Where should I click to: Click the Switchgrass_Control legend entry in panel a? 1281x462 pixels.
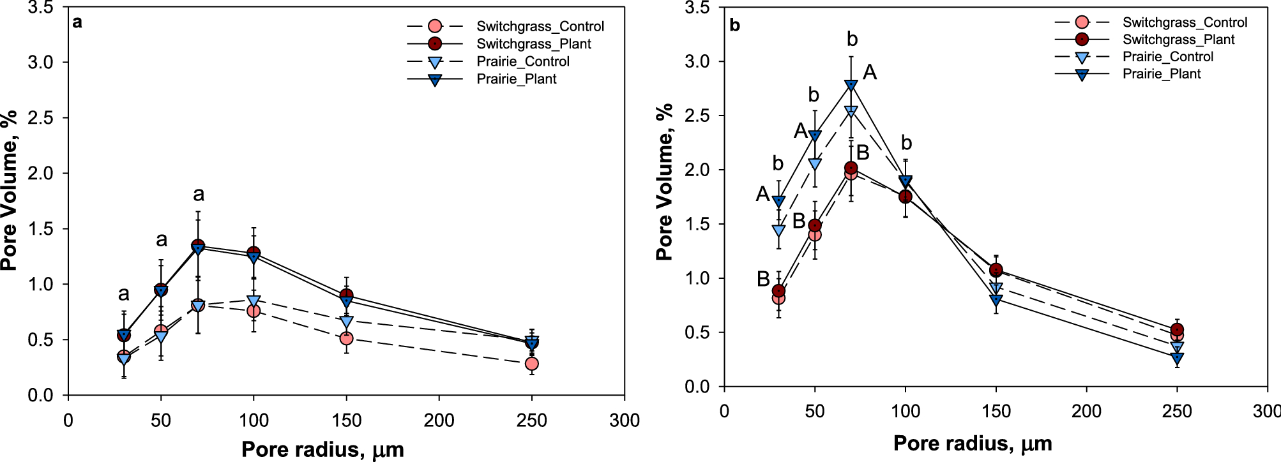click(x=540, y=26)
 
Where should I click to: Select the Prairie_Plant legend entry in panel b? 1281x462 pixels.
click(x=1161, y=74)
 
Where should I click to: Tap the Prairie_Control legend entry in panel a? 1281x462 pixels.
click(x=522, y=61)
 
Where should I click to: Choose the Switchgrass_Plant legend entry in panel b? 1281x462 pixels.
click(x=1178, y=40)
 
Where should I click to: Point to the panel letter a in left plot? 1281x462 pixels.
click(x=77, y=22)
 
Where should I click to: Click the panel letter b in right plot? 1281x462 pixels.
click(x=734, y=26)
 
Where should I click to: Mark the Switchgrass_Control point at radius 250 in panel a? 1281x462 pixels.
click(x=531, y=364)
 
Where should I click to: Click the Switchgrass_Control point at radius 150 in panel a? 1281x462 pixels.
click(x=346, y=338)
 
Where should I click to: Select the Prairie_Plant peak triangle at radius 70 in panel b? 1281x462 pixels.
click(x=851, y=85)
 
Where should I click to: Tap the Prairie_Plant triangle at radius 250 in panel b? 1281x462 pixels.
click(x=1177, y=358)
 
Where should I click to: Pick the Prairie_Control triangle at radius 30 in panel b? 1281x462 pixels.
click(x=778, y=230)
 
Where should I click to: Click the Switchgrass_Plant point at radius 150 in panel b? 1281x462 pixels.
click(x=996, y=270)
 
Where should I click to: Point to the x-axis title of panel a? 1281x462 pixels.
click(x=322, y=449)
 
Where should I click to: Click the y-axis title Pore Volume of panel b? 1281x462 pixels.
click(x=665, y=182)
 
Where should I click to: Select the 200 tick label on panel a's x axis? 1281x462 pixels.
click(x=439, y=421)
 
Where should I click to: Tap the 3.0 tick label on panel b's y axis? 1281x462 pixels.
click(x=697, y=62)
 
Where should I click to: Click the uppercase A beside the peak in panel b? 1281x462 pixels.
click(x=870, y=73)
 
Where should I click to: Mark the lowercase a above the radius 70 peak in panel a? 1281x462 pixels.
click(x=199, y=195)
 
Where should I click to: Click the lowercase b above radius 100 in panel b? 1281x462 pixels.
click(x=906, y=143)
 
